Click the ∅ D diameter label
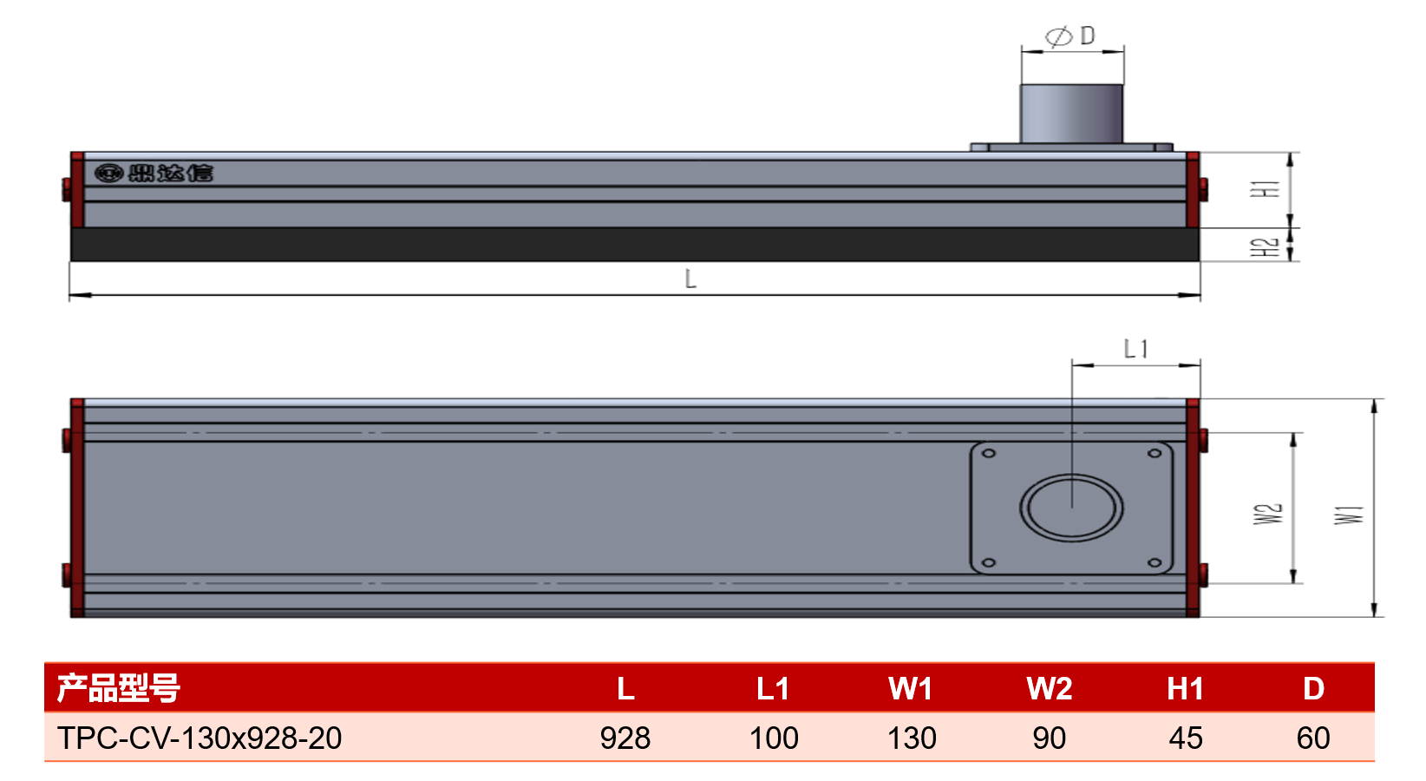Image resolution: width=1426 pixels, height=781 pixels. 1070,36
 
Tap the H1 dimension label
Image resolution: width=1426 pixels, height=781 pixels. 1266,189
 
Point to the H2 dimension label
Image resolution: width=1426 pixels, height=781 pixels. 1266,247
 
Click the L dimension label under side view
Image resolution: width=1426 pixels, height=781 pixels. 690,279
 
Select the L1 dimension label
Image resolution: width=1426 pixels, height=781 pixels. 1136,349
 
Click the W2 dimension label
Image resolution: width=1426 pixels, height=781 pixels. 1268,514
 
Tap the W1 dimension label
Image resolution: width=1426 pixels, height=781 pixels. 1349,515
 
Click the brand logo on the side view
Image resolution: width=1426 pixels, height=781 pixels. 154,173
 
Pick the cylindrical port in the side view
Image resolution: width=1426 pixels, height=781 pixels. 1071,114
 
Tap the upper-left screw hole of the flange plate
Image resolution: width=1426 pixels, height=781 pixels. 989,454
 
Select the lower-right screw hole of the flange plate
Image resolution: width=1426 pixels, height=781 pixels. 1155,562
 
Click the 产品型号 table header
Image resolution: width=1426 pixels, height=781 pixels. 119,688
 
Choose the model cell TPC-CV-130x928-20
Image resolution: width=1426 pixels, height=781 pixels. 200,738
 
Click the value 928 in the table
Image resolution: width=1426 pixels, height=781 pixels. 625,738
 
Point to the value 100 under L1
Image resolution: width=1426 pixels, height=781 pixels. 774,738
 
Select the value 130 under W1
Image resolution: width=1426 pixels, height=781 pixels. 912,738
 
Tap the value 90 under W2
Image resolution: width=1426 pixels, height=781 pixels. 1050,738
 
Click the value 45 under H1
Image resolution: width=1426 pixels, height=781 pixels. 1186,738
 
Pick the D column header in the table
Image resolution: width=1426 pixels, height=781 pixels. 1314,689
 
